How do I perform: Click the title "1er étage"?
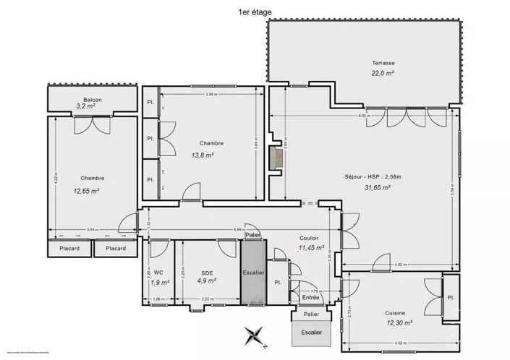(x=255, y=12)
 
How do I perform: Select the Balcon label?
(x=92, y=99)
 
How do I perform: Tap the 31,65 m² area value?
(x=378, y=187)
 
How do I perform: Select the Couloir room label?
(x=310, y=237)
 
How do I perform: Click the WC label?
(x=158, y=272)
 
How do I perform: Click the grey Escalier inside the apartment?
(x=253, y=272)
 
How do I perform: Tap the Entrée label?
(x=310, y=297)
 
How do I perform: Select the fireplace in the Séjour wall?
(x=275, y=158)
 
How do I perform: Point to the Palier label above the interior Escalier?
(x=252, y=235)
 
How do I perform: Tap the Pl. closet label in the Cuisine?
(x=451, y=297)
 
